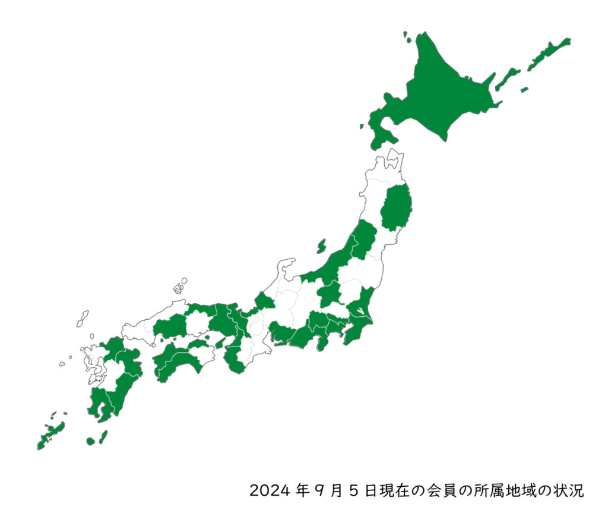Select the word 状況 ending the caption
tap(571, 491)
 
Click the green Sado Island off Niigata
tap(321, 245)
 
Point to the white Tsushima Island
tap(83, 319)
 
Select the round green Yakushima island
tap(90, 442)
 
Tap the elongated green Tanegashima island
tap(103, 436)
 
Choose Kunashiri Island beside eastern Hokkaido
tap(508, 78)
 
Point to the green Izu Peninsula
tap(324, 344)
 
